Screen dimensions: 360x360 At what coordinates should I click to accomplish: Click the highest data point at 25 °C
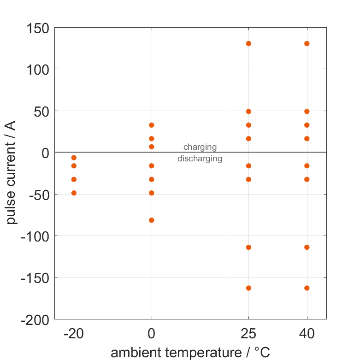tap(248, 44)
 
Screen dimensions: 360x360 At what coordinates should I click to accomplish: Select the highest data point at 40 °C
tap(307, 44)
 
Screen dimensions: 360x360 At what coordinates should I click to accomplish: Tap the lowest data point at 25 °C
tap(248, 288)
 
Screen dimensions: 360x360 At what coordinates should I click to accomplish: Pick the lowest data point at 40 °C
tap(307, 288)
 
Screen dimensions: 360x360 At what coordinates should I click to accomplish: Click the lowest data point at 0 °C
tap(152, 220)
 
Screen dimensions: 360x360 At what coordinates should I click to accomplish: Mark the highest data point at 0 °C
tap(152, 125)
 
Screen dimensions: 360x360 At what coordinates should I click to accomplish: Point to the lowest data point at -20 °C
tap(74, 193)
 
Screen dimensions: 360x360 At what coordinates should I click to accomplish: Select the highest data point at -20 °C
tap(74, 158)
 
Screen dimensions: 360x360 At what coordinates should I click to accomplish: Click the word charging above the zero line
tap(200, 148)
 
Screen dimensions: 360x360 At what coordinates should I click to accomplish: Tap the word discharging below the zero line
tap(200, 159)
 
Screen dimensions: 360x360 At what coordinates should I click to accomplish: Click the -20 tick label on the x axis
tap(74, 334)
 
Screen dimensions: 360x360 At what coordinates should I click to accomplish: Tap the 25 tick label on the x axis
tap(248, 334)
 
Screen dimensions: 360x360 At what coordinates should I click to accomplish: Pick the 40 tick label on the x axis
tap(307, 334)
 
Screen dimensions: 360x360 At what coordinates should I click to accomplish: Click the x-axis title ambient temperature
tap(190, 353)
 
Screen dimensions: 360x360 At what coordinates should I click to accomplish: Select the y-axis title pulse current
tap(12, 173)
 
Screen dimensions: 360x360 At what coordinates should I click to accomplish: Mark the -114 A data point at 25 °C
tap(248, 248)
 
